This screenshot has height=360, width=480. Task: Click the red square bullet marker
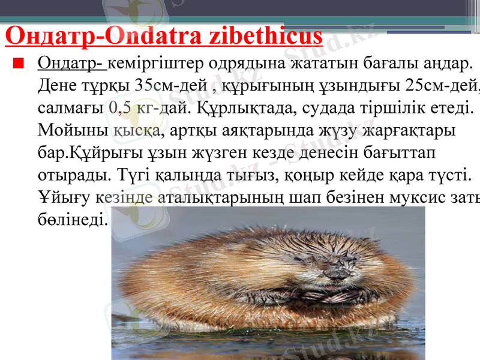click(20, 62)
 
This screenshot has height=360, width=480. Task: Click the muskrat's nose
click(332, 274)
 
